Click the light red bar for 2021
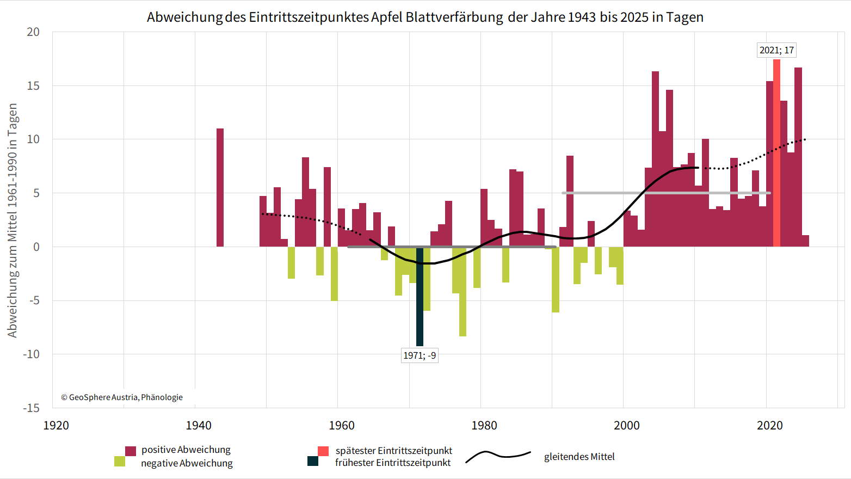[x=776, y=152]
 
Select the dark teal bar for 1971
[x=420, y=297]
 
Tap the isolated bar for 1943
[x=220, y=187]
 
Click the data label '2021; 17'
[x=776, y=50]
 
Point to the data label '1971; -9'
[x=420, y=355]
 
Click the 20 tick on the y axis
[x=34, y=32]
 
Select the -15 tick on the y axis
[x=32, y=408]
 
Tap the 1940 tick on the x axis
[x=199, y=425]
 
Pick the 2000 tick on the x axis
[x=627, y=425]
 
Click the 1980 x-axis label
[x=484, y=425]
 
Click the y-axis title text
[x=13, y=220]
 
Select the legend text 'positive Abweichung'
[x=186, y=450]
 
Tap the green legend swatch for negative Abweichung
[x=120, y=462]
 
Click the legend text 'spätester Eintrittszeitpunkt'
[x=394, y=451]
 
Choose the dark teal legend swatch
[x=313, y=462]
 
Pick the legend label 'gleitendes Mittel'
[x=579, y=457]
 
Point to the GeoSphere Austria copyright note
[x=122, y=397]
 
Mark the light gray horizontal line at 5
[x=666, y=193]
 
